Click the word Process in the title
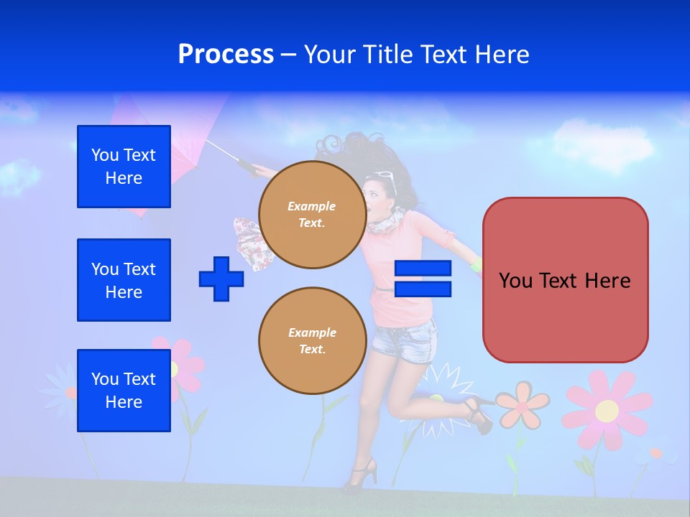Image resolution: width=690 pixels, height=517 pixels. tap(226, 55)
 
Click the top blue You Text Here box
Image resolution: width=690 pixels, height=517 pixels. tap(124, 167)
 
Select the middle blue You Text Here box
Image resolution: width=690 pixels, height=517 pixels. tap(124, 280)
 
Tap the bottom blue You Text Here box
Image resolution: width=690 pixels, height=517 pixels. tap(124, 391)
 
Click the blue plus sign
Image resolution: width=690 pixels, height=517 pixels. tap(221, 279)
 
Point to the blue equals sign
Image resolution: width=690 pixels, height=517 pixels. tap(423, 279)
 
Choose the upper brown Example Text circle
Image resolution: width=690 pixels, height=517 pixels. tap(312, 215)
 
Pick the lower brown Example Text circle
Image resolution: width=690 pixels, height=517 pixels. tap(312, 341)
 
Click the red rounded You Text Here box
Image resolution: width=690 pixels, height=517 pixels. tap(565, 280)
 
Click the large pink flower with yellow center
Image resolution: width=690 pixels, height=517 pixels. tap(607, 410)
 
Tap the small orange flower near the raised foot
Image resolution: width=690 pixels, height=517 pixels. tap(523, 402)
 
